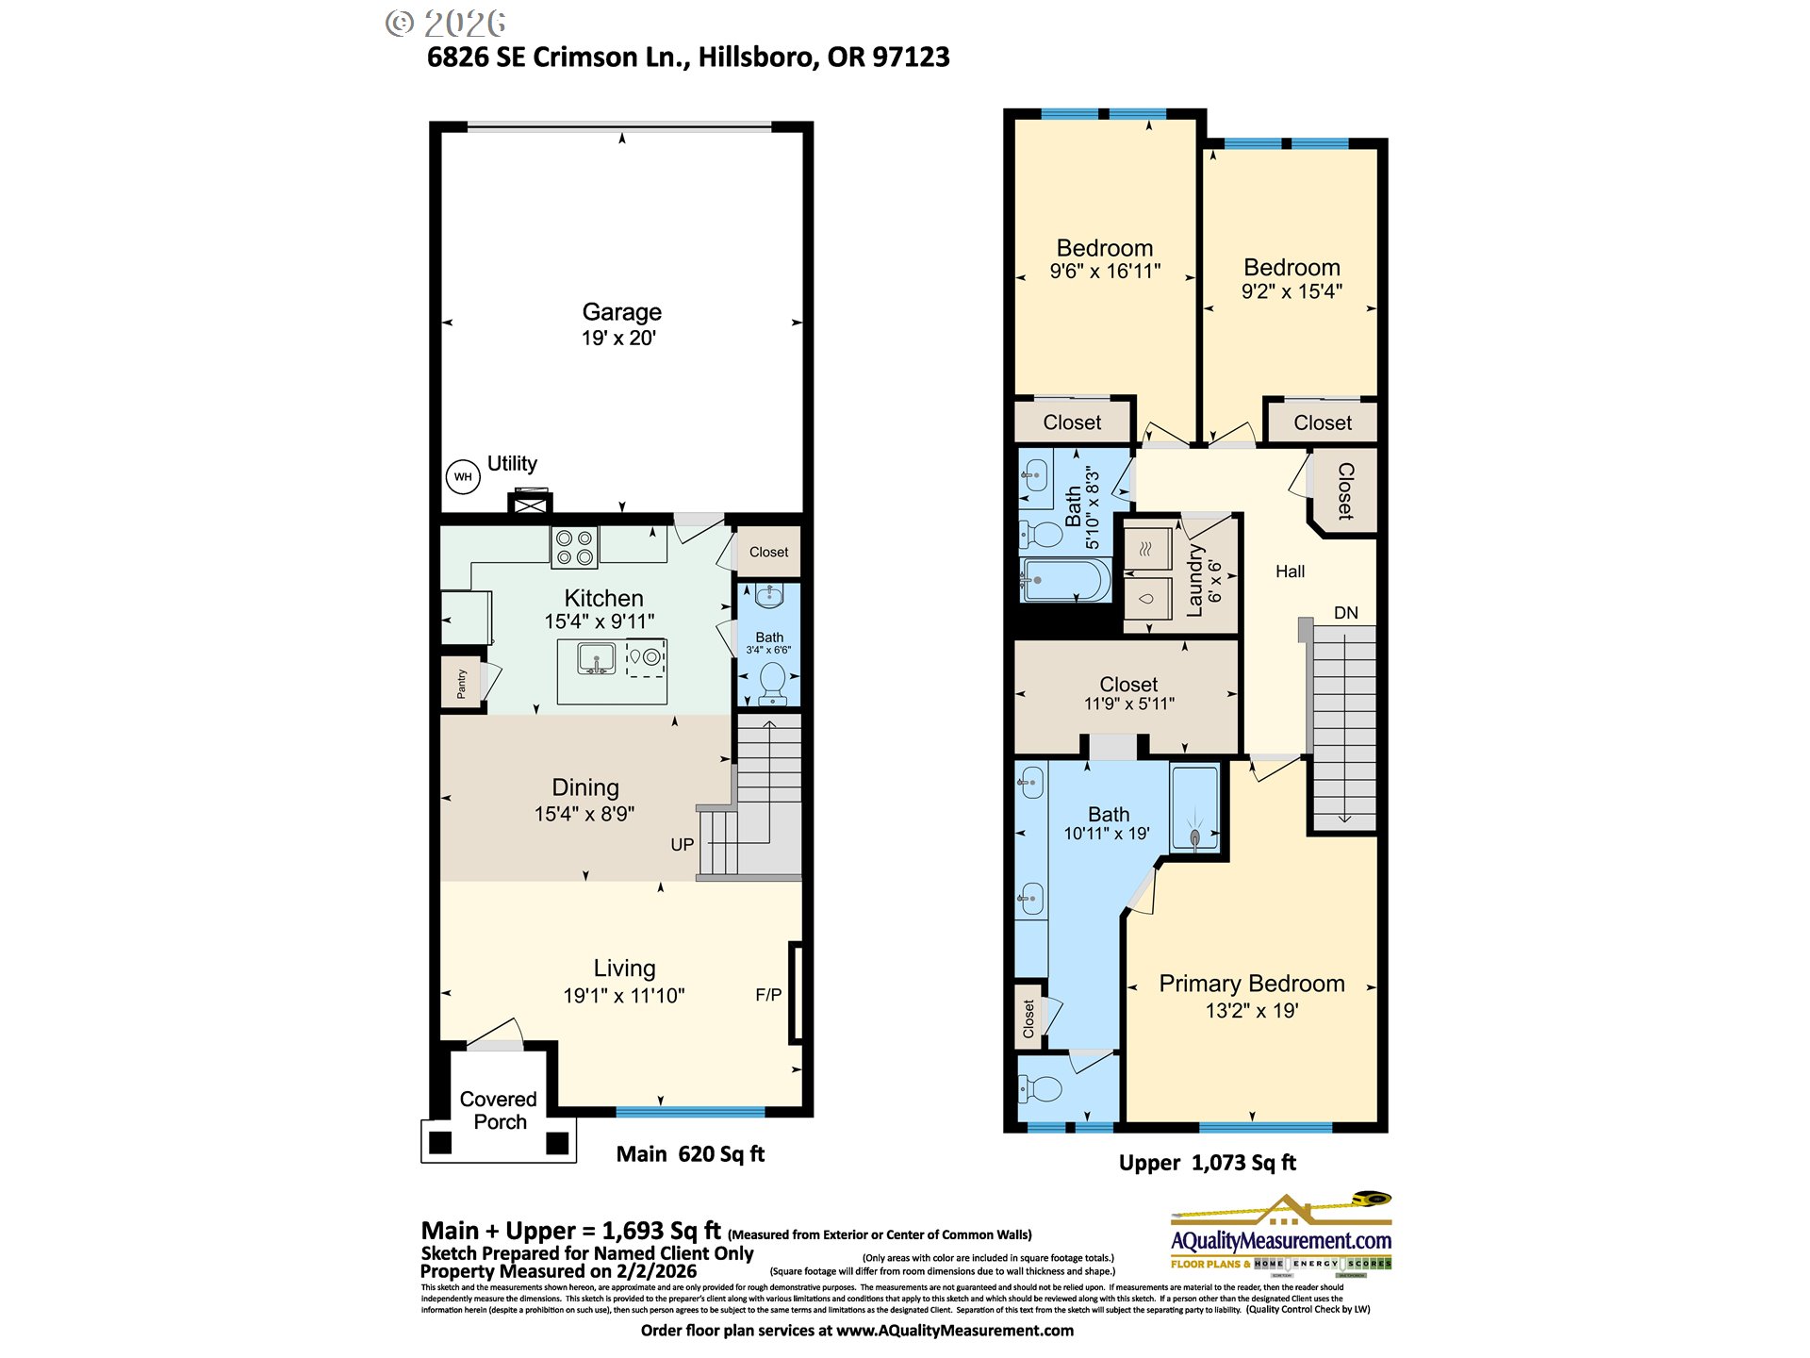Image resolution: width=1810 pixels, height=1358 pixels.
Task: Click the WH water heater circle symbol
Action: (463, 476)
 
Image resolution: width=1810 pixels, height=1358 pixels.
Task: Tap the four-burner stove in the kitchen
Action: (574, 548)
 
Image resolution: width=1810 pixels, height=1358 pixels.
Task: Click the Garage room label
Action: (621, 312)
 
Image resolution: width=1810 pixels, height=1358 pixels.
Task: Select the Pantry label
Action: (461, 683)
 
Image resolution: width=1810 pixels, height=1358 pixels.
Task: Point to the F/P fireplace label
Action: (768, 995)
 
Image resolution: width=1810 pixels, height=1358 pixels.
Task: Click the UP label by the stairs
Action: (682, 845)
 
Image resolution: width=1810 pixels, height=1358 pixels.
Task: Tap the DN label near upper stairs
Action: (1345, 613)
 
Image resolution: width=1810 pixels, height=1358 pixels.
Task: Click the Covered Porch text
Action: (499, 1111)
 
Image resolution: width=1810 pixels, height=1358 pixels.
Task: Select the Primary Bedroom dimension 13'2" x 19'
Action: (1252, 1011)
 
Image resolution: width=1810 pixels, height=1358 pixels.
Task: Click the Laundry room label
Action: (1194, 581)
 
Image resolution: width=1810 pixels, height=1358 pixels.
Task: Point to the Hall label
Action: (1290, 571)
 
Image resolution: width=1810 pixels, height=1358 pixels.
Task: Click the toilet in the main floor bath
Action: (772, 682)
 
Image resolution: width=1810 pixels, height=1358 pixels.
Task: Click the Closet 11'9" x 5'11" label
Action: (1128, 693)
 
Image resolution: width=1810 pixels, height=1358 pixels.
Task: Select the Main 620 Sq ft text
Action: (690, 1154)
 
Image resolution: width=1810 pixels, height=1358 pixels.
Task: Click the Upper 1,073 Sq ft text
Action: (1207, 1163)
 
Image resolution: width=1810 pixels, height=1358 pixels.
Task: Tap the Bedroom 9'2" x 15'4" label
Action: (1292, 279)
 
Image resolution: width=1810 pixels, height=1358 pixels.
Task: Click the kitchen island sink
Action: (596, 658)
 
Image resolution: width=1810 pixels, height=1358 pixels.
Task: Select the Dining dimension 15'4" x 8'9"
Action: (584, 814)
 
